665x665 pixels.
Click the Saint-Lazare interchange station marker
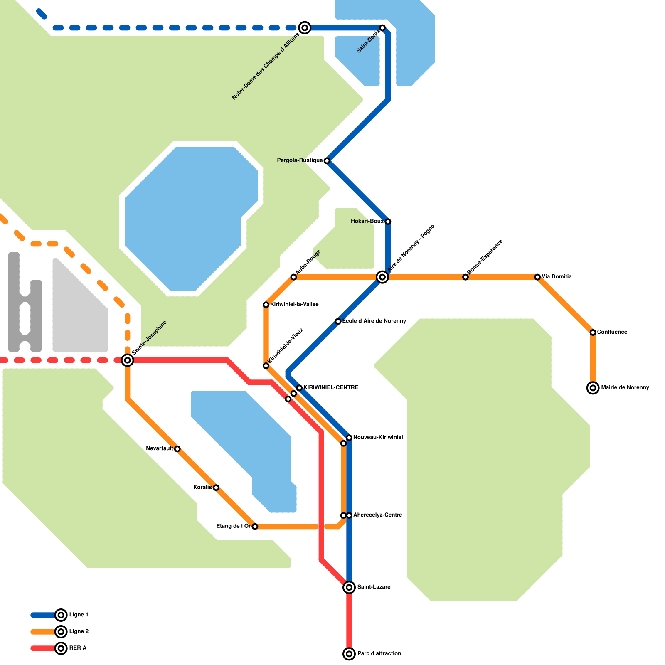click(349, 587)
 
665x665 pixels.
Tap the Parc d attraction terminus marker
click(349, 654)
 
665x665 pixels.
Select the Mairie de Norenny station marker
click(593, 388)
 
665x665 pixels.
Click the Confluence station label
click(612, 332)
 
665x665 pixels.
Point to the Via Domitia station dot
click(537, 277)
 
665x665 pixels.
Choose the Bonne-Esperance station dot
click(465, 277)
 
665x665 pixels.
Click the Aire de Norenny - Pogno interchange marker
click(382, 277)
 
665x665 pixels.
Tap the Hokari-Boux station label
click(367, 222)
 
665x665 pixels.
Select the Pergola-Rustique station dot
click(327, 160)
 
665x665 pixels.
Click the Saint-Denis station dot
click(382, 28)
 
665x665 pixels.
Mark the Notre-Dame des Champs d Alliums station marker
click(305, 28)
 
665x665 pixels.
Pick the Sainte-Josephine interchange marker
click(128, 360)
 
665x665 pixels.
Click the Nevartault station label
click(160, 449)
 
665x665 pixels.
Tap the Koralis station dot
click(216, 488)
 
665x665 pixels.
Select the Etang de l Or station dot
click(255, 527)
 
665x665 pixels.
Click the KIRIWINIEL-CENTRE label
click(330, 388)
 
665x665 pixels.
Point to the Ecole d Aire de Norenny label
click(374, 321)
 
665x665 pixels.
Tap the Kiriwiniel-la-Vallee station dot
click(266, 305)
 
